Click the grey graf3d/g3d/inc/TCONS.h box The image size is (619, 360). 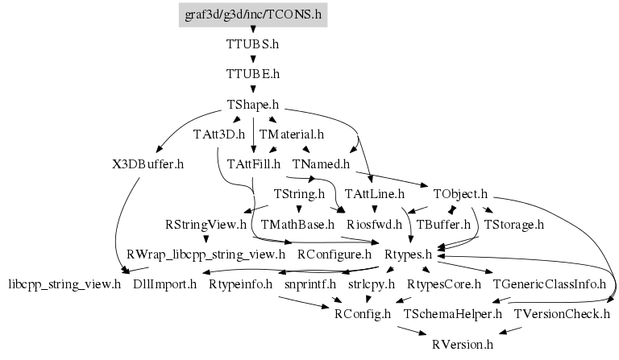pos(253,14)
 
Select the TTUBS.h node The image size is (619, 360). pos(253,44)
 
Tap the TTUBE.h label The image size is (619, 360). pos(253,74)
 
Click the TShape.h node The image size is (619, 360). pos(253,105)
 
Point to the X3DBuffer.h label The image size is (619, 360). pos(148,164)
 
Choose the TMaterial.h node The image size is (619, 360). pos(291,134)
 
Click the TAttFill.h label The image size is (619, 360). pos(253,164)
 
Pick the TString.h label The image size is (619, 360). pos(299,194)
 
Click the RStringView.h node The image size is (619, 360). pos(206,224)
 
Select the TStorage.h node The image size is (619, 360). pos(515,224)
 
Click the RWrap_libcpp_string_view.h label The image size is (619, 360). pos(206,254)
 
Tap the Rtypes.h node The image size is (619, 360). pos(409,254)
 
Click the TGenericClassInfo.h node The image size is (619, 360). pos(549,284)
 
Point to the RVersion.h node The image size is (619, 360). pos(462,344)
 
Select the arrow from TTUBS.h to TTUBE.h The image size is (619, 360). pos(253,60)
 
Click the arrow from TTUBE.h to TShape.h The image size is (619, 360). pos(253,89)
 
